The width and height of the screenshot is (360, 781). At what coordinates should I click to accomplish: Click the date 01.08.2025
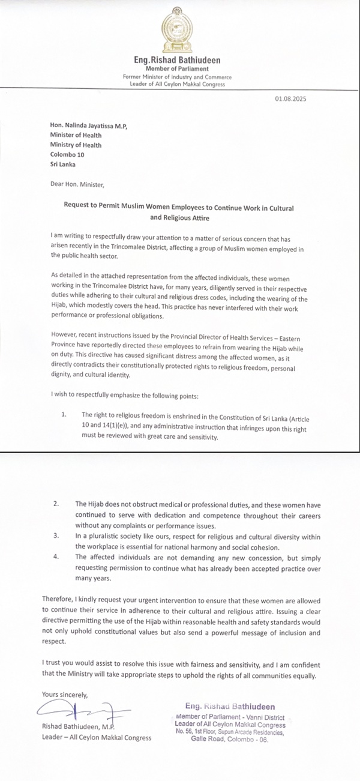pos(290,99)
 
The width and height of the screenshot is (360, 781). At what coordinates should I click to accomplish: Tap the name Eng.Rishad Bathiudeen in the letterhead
pos(177,60)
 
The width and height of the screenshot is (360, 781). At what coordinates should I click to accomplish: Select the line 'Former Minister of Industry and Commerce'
pos(177,77)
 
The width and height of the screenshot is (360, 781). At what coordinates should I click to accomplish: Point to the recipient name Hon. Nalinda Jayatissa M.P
pos(89,125)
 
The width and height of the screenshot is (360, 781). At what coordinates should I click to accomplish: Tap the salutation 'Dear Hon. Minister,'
pos(77,184)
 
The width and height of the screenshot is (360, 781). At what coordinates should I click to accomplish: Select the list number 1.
pos(64,415)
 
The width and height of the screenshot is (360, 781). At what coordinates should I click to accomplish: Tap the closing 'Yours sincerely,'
pos(65,695)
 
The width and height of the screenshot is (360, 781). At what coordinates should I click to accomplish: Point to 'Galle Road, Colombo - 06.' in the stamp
pos(230,739)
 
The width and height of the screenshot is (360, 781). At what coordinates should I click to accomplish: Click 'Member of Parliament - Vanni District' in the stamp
pos(230,717)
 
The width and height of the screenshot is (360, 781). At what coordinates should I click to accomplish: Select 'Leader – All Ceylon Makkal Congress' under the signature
pos(97,738)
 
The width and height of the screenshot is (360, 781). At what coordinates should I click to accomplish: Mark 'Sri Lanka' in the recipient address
pos(63,164)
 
